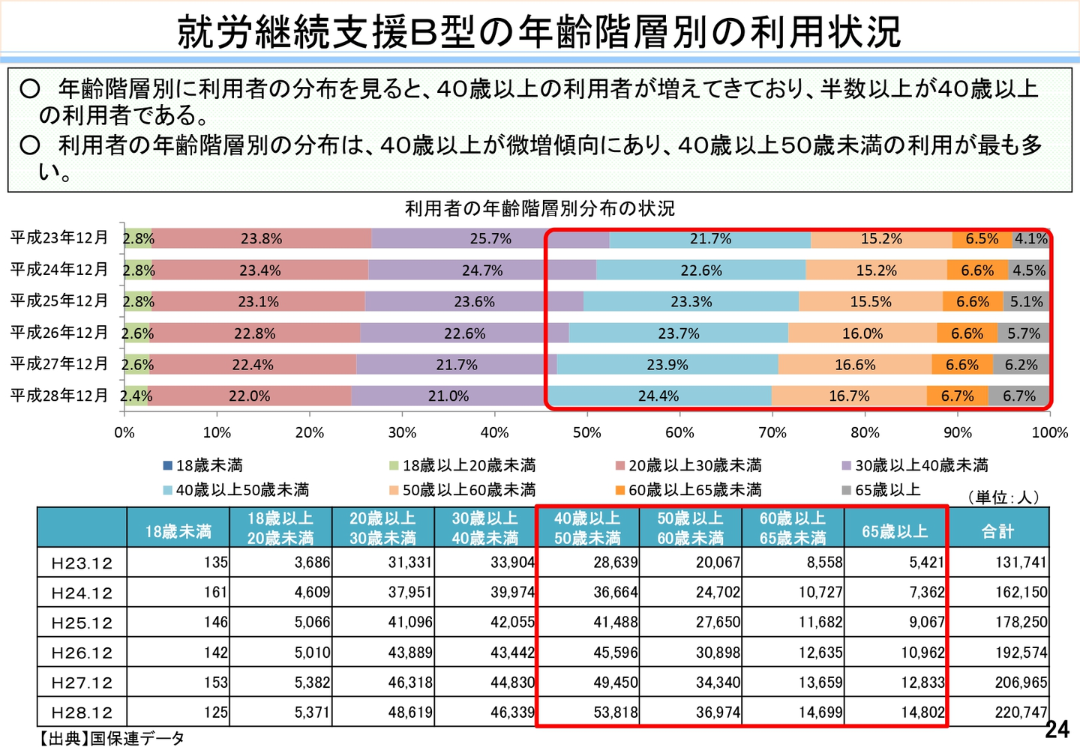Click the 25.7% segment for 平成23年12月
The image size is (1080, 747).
(x=490, y=239)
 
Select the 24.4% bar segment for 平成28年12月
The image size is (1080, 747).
(x=658, y=396)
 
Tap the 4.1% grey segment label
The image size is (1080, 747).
(x=1031, y=239)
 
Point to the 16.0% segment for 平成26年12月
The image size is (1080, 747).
(x=862, y=333)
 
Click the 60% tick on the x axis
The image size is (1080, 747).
(x=679, y=433)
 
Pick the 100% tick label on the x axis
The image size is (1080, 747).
(x=1049, y=433)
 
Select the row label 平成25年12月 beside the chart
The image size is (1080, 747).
(x=59, y=301)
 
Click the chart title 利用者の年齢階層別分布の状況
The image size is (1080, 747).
(x=540, y=208)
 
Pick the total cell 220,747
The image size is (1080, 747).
(x=1021, y=713)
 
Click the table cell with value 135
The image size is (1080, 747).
(x=216, y=563)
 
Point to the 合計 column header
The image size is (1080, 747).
(x=997, y=531)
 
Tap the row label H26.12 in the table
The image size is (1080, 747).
(x=82, y=653)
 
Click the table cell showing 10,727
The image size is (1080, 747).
(x=820, y=593)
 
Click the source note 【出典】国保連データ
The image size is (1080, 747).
(x=112, y=739)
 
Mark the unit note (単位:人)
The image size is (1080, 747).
(x=1003, y=498)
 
